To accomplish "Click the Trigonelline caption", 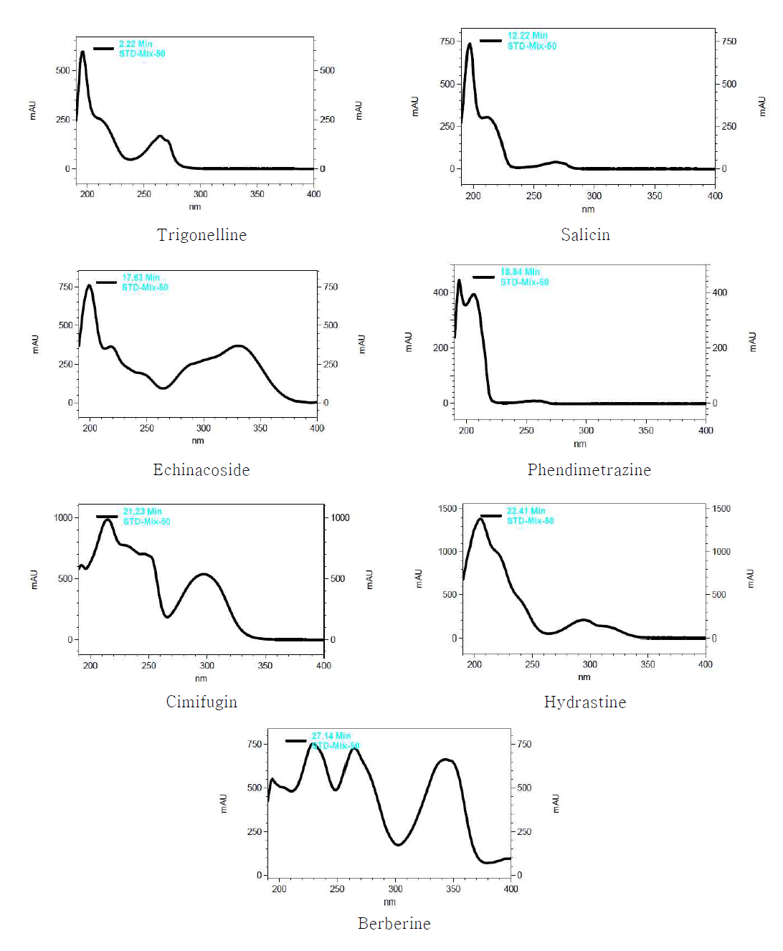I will coord(201,235).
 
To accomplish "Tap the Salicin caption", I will coord(585,235).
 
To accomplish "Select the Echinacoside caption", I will coord(201,470).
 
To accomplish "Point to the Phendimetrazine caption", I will coord(589,470).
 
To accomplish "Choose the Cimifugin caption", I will coord(201,702).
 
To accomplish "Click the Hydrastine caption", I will coord(585,702).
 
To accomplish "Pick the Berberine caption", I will coord(394,924).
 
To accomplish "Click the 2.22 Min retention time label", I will coord(136,44).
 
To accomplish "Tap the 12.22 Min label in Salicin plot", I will coord(528,36).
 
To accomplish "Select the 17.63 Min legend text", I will coord(141,278).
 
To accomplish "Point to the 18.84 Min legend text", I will coord(520,272).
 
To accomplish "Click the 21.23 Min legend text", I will coord(142,512).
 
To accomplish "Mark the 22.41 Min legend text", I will coord(526,511).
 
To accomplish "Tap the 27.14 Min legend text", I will coord(331,736).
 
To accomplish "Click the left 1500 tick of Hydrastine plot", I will coord(447,509).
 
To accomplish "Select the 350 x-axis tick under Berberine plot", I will coord(453,889).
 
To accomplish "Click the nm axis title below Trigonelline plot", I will coord(195,207).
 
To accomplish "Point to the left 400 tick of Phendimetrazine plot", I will coord(440,292).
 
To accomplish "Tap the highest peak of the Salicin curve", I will coord(470,44).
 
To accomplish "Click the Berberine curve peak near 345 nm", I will coord(446,760).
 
